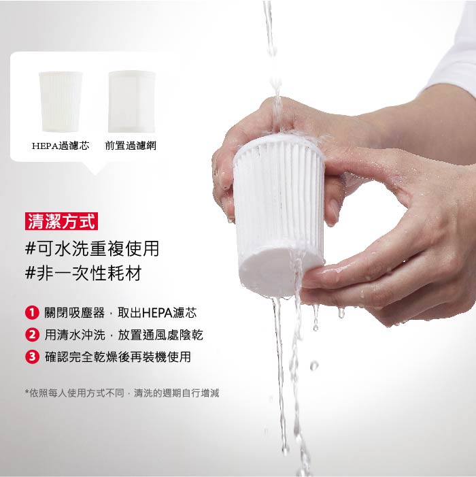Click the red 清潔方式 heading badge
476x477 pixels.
click(x=61, y=221)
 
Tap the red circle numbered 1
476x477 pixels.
click(x=32, y=313)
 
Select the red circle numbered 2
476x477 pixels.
click(x=32, y=335)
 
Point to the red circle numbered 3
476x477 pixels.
click(x=32, y=357)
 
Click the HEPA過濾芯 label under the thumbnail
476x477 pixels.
click(x=61, y=146)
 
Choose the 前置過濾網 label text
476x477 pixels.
click(x=131, y=146)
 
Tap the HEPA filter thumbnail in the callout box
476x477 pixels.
click(x=61, y=101)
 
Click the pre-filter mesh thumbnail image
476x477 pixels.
click(x=132, y=101)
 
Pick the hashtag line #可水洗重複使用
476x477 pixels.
click(x=92, y=248)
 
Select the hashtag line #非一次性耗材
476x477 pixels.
click(x=83, y=273)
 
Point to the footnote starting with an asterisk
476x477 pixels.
click(x=122, y=393)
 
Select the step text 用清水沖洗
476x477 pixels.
click(x=75, y=335)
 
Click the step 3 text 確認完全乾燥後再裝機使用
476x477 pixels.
click(x=118, y=357)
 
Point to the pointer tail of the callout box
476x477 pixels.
click(x=95, y=168)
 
